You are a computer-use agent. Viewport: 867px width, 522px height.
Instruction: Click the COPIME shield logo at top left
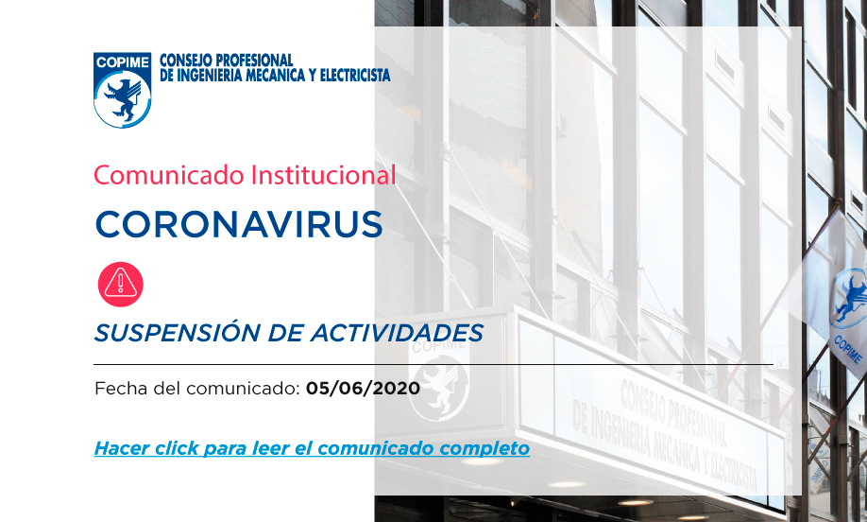[122, 90]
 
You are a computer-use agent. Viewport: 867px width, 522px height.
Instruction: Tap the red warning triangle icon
[121, 284]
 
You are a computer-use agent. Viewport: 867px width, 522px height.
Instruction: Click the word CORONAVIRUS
[239, 224]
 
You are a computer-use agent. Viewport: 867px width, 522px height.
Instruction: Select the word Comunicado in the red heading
[169, 176]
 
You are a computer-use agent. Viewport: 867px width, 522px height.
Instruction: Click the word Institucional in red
[323, 176]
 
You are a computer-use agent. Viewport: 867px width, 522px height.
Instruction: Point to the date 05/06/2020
[363, 388]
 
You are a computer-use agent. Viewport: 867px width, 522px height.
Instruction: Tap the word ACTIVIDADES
[397, 333]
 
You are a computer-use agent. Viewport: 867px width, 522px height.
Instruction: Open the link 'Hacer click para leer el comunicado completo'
[312, 448]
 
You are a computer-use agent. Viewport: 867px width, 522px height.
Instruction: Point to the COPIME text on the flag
[848, 350]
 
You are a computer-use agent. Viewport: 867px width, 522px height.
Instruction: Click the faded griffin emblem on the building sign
[439, 385]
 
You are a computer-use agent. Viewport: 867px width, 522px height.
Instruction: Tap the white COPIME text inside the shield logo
[122, 62]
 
